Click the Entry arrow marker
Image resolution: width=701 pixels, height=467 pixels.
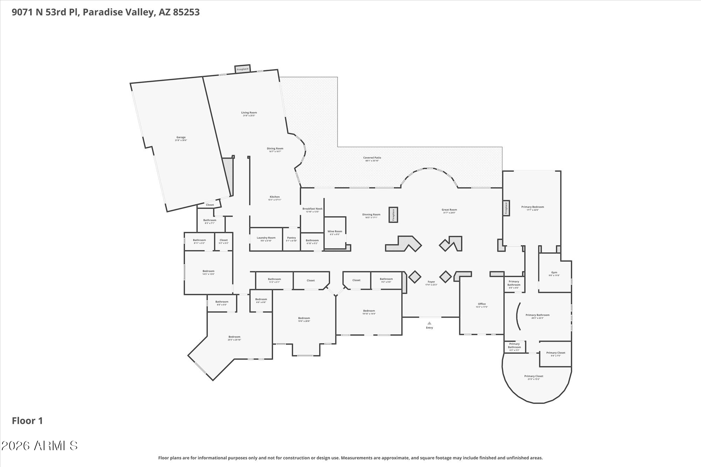tap(429, 323)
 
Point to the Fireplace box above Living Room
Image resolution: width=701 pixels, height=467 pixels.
tap(243, 69)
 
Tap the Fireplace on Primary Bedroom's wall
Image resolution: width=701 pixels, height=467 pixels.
tap(506, 208)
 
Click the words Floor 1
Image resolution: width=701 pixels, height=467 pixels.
tap(27, 421)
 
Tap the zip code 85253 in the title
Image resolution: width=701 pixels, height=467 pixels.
tap(186, 12)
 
